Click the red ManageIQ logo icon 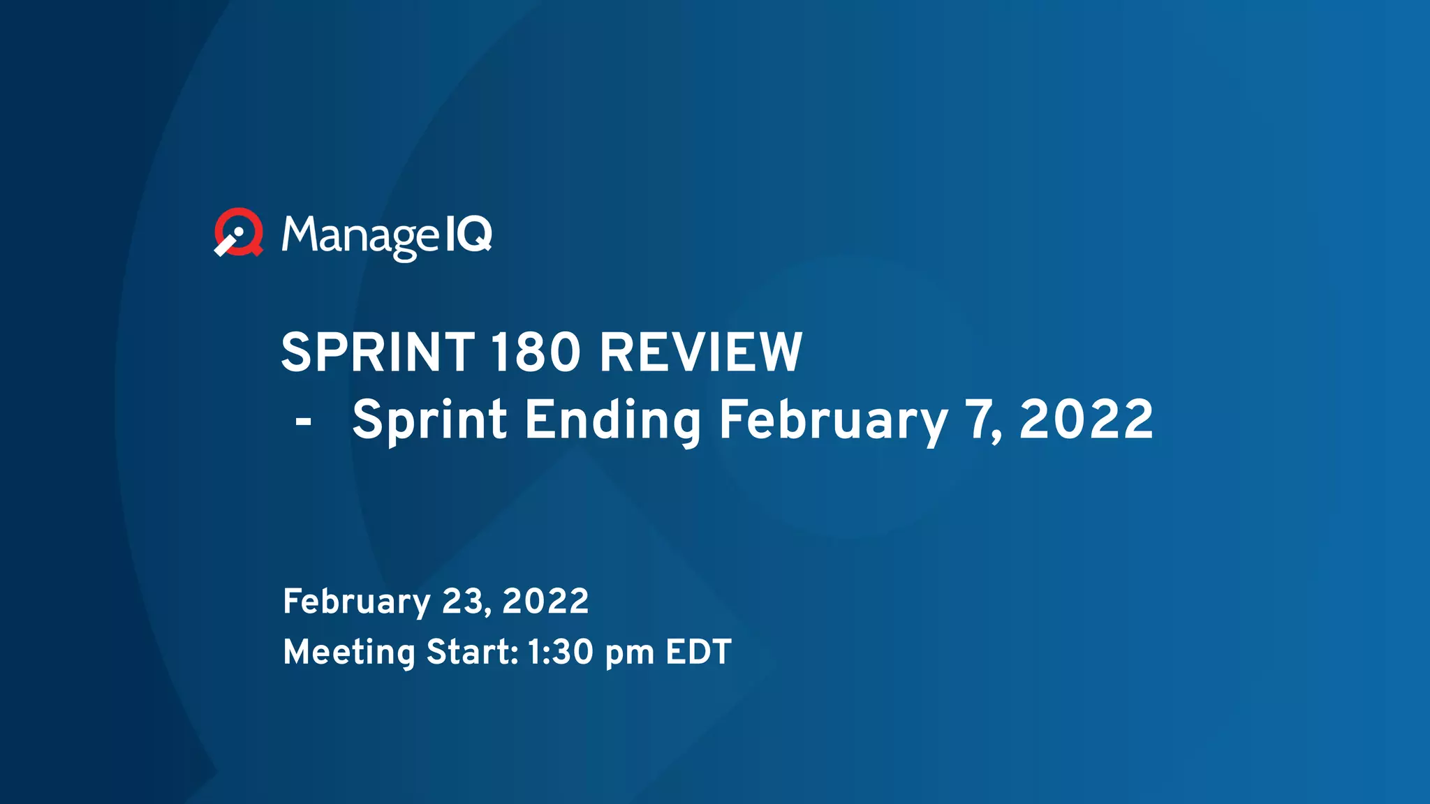pyautogui.click(x=239, y=232)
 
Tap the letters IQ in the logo pyautogui.click(x=469, y=233)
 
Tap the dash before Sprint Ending pyautogui.click(x=303, y=421)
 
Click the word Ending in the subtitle pyautogui.click(x=612, y=421)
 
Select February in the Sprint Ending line pyautogui.click(x=833, y=421)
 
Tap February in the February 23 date pyautogui.click(x=357, y=602)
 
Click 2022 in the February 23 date pyautogui.click(x=545, y=601)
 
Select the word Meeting pyautogui.click(x=349, y=653)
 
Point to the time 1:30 pyautogui.click(x=560, y=653)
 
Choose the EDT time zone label pyautogui.click(x=698, y=653)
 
